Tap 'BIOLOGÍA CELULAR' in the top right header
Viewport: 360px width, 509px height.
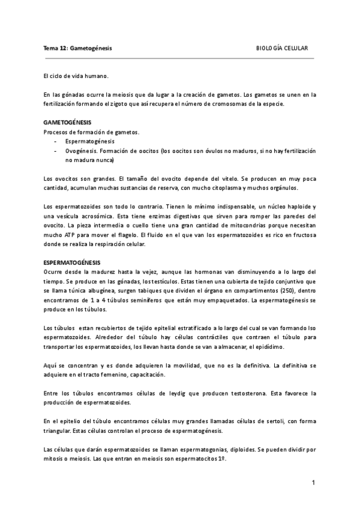(x=282, y=47)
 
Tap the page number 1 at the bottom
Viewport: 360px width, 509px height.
(x=313, y=483)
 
